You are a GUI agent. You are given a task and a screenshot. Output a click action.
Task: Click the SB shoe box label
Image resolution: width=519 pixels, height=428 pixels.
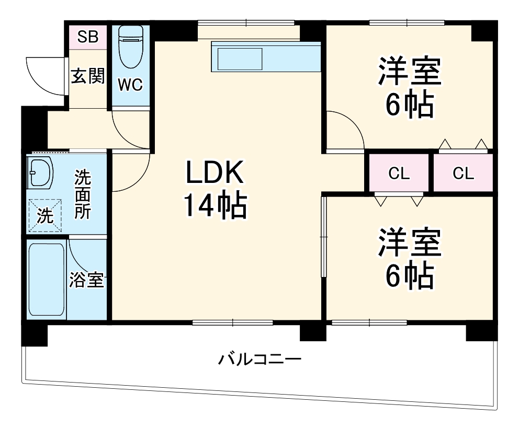click(88, 37)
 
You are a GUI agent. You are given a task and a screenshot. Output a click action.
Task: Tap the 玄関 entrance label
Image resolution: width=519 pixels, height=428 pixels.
click(88, 76)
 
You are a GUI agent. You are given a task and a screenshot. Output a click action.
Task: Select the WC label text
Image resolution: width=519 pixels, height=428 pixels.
click(130, 85)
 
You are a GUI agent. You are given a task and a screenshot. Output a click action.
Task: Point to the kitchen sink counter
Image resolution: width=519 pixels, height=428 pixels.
click(265, 56)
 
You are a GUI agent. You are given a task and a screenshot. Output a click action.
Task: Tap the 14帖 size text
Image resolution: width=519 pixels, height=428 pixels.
click(215, 207)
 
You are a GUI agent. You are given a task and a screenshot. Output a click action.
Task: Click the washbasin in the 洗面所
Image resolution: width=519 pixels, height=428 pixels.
click(40, 172)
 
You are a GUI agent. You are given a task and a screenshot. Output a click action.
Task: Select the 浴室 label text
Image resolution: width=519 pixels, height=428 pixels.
click(87, 280)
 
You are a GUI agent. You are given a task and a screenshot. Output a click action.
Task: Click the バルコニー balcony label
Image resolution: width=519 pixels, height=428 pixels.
click(260, 360)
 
